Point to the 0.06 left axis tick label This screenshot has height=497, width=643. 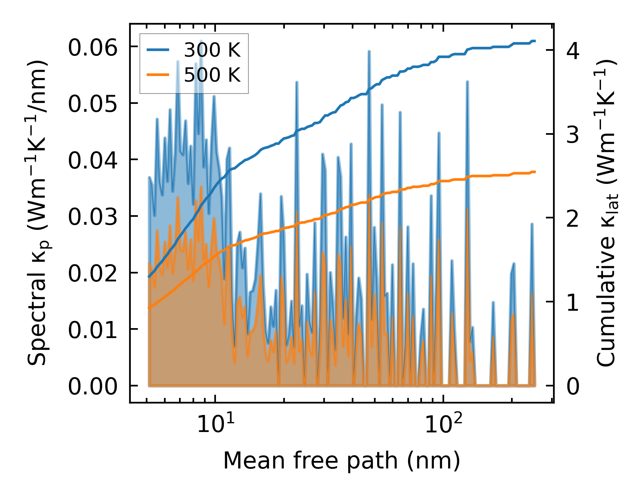[93, 48]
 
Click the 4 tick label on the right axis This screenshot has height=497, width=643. [572, 50]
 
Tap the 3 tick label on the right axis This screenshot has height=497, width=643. [572, 135]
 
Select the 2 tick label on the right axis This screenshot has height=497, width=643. [572, 218]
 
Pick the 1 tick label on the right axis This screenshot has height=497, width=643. [572, 302]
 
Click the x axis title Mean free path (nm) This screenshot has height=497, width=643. [342, 461]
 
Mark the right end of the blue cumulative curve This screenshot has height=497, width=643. [535, 41]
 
